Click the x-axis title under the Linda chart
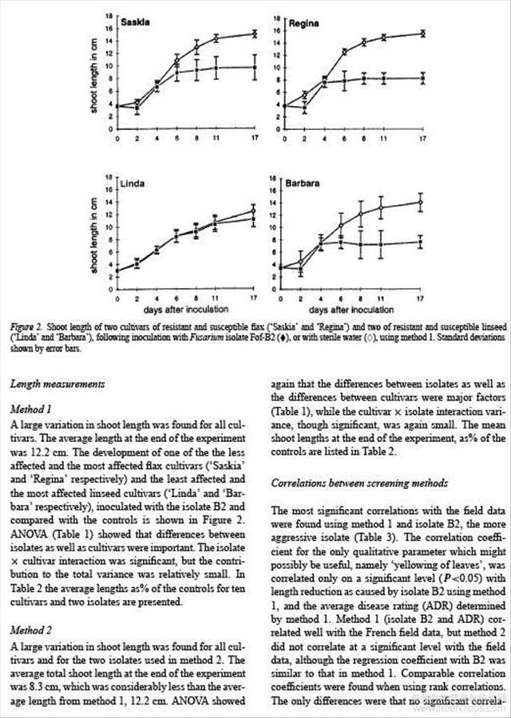pyautogui.click(x=186, y=308)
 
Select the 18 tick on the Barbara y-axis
pyautogui.click(x=273, y=179)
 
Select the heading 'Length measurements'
pyautogui.click(x=57, y=384)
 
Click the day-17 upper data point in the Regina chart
pyautogui.click(x=422, y=33)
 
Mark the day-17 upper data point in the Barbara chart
pyautogui.click(x=421, y=203)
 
